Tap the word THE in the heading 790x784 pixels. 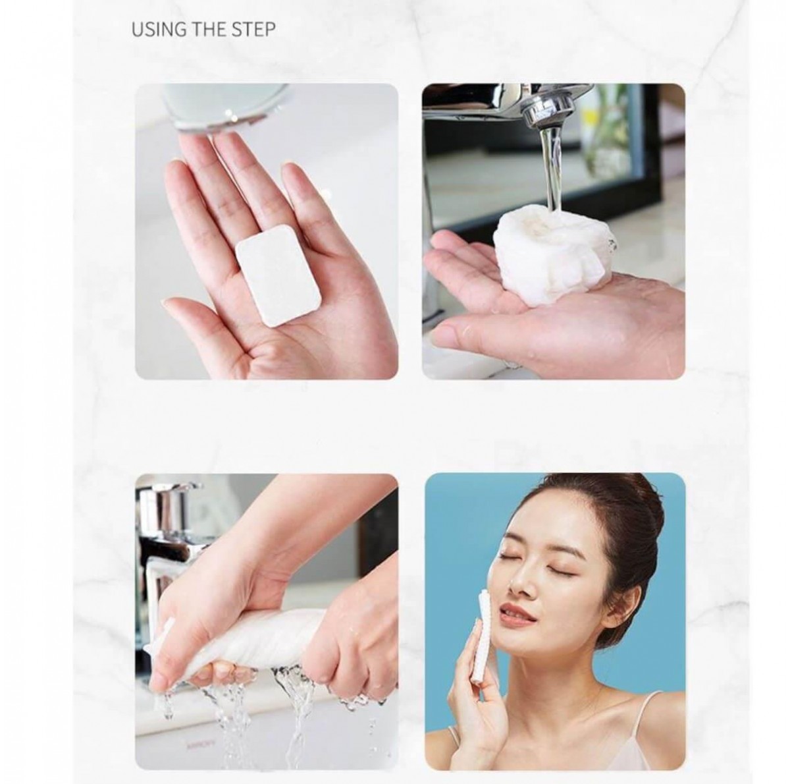208,30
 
